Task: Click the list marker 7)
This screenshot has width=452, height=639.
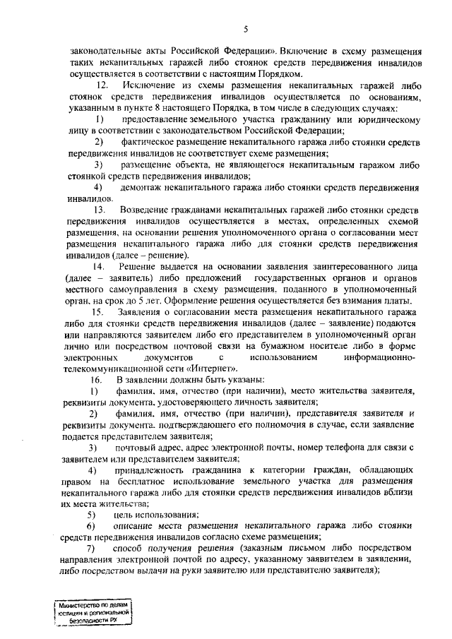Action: click(x=90, y=549)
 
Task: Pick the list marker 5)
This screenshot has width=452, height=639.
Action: click(x=90, y=515)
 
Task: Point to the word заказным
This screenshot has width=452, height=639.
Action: click(x=264, y=549)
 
